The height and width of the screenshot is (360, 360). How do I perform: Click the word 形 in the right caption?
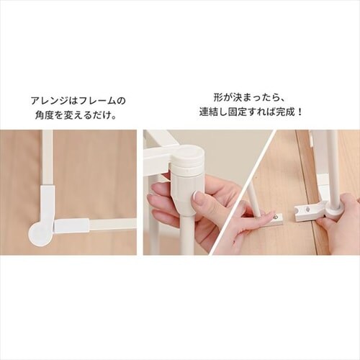point(218,98)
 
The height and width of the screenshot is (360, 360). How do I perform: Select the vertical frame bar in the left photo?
point(48,158)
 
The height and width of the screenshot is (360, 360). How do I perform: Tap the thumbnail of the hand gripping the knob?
point(197,197)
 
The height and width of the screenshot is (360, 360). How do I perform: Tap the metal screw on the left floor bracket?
point(276,217)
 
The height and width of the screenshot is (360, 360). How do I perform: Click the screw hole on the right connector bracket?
point(307,210)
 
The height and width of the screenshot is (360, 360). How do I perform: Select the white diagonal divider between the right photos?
point(240,192)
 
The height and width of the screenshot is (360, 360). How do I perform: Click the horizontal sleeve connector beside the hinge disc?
point(71,226)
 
